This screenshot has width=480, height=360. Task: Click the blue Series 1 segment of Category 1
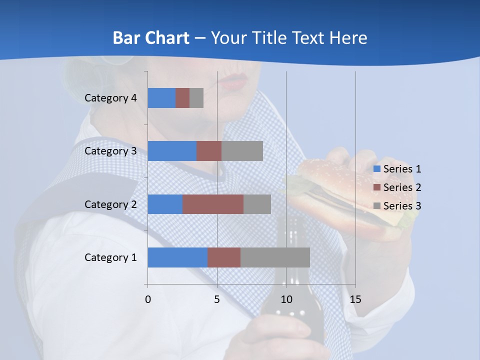tap(177, 257)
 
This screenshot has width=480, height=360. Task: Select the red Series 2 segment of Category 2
tap(213, 204)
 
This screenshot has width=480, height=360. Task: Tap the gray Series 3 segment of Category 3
tap(242, 151)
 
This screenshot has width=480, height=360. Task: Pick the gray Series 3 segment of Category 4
tap(196, 98)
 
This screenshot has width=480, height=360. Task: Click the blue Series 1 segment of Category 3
tap(172, 151)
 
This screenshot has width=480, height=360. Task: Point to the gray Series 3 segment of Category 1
tap(275, 257)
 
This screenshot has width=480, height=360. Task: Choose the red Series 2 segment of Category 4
tap(182, 98)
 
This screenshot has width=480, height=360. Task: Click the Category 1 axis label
tap(110, 257)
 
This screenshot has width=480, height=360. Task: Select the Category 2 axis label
tap(110, 204)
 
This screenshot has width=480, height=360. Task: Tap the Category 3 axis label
tap(110, 151)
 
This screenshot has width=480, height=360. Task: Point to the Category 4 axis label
tap(110, 98)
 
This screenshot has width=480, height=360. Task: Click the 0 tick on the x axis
tap(148, 299)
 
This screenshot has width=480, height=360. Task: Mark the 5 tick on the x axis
tap(217, 299)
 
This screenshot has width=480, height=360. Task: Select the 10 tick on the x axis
tap(286, 299)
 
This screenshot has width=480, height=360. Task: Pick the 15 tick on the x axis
tap(355, 299)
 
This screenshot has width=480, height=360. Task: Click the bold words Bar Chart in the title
tap(151, 38)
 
